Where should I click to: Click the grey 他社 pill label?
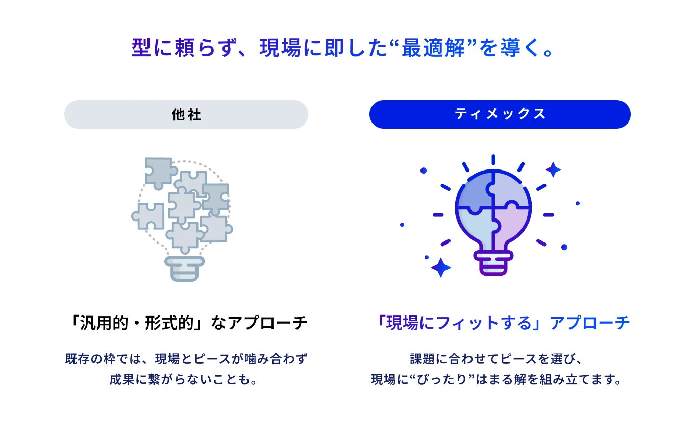(186, 114)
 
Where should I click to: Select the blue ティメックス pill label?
(500, 114)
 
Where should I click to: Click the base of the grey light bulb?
(184, 269)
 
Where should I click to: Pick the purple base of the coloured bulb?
(493, 262)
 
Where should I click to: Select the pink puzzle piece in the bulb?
(511, 225)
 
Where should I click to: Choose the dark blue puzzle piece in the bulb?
(472, 191)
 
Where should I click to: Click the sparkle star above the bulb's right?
(553, 169)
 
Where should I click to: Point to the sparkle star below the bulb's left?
(440, 267)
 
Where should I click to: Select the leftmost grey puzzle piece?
(148, 215)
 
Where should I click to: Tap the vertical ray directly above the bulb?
(493, 160)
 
